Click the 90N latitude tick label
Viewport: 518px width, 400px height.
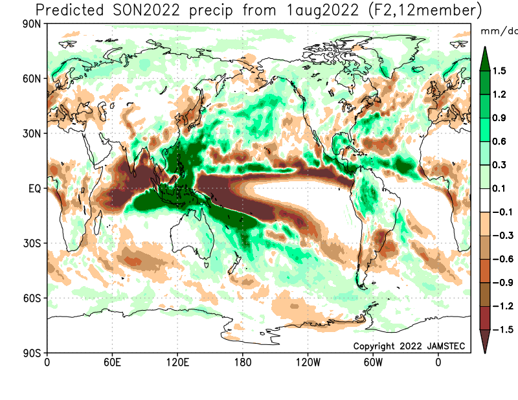tap(31, 24)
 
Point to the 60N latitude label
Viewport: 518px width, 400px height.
tap(31, 79)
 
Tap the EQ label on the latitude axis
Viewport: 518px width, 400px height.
tap(34, 188)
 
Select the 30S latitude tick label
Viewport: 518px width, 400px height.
tap(31, 243)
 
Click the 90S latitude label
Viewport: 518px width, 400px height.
tap(31, 353)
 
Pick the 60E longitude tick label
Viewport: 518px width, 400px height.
tap(112, 362)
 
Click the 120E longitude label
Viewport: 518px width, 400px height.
tap(177, 362)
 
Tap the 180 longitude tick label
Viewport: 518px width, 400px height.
tap(243, 362)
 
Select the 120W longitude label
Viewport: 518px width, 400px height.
tap(308, 362)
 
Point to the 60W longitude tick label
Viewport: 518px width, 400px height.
tap(373, 362)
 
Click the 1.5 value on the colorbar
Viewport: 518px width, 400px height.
tap(499, 71)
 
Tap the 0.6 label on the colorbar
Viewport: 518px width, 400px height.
tap(499, 141)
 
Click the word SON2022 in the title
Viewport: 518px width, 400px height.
tap(146, 10)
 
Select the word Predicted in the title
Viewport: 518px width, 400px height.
tap(69, 10)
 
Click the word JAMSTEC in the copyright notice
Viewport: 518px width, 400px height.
tap(446, 346)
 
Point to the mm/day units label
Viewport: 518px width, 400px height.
tap(499, 31)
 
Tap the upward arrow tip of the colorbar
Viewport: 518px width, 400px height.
tap(485, 47)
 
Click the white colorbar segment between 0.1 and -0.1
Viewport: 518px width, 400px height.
tap(485, 200)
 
